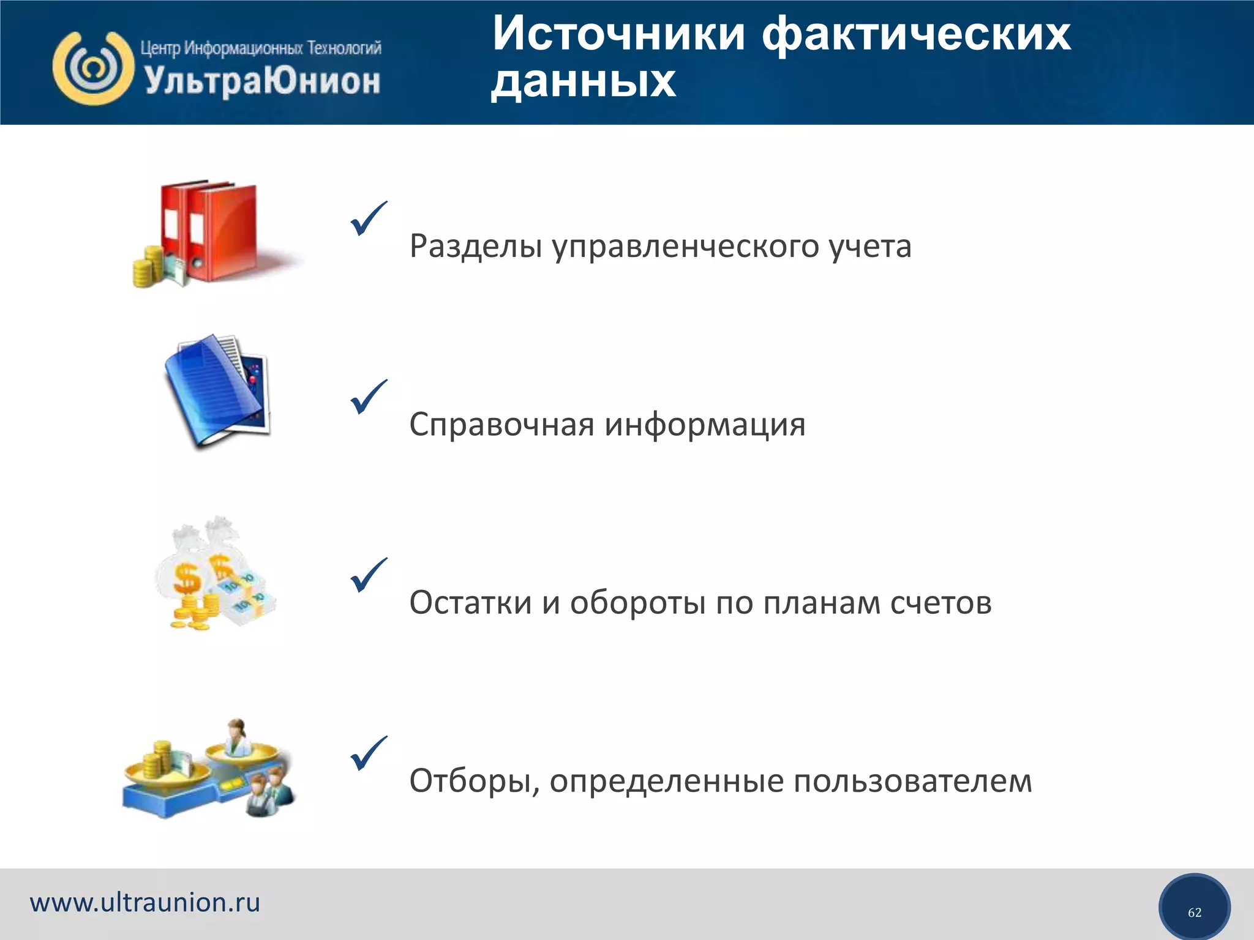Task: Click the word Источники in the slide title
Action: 618,34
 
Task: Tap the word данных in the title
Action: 584,81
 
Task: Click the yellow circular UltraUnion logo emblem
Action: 93,68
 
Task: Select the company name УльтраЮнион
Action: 262,81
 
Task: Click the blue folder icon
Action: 218,392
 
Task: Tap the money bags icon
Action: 214,575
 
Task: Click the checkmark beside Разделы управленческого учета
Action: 369,218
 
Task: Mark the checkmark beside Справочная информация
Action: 369,397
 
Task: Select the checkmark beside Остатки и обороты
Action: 369,575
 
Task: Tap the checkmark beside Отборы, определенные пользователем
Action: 369,753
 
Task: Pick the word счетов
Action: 940,603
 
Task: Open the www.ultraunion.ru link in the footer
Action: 145,903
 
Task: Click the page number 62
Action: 1194,912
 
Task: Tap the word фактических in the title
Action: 916,34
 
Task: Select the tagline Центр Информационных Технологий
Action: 261,48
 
